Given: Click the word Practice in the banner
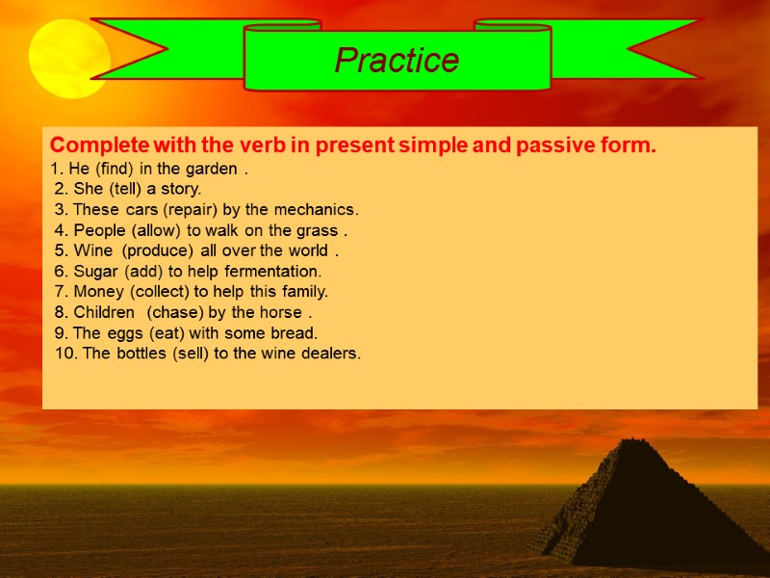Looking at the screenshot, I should pos(397,61).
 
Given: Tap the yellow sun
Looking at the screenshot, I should pos(68,59).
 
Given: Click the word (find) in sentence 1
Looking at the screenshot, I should pos(112,169).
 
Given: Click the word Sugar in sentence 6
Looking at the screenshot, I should pos(97,271).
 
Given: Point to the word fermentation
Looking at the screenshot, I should pos(273,271).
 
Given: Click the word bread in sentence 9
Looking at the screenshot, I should pos(294,332).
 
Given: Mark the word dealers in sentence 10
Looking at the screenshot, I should pos(329,353).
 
